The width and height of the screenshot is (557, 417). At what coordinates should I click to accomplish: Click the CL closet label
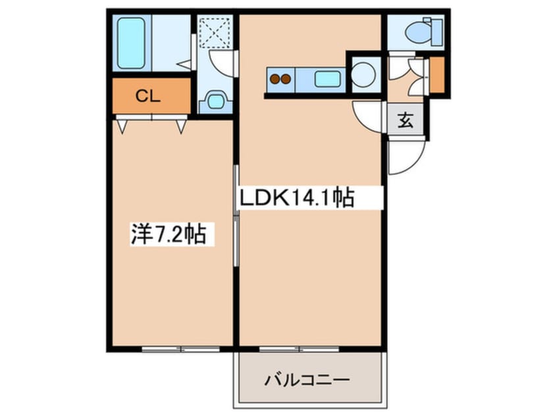[147, 96]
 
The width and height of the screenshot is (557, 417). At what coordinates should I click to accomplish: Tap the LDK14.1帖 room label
[297, 198]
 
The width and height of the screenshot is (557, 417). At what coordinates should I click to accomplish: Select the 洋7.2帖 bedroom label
[169, 234]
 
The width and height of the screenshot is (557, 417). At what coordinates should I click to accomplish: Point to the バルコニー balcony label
[307, 381]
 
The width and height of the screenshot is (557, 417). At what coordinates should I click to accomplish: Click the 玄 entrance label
[406, 120]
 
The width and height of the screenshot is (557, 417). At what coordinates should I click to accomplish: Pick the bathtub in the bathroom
[131, 43]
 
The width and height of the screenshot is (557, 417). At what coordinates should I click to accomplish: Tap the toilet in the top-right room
[424, 32]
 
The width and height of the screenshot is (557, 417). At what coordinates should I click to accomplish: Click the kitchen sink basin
[327, 79]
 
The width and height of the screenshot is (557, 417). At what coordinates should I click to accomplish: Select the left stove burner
[275, 79]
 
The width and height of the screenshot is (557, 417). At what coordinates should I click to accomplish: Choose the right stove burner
[286, 79]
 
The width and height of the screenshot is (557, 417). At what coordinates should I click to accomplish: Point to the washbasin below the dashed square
[215, 101]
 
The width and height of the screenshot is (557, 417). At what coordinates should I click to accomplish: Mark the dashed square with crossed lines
[215, 32]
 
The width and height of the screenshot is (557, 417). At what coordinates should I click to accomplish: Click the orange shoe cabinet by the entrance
[437, 74]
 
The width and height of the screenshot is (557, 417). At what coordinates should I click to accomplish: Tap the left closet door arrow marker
[122, 127]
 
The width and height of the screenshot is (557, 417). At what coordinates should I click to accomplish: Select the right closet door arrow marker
[181, 127]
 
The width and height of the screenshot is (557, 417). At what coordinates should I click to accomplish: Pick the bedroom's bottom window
[181, 349]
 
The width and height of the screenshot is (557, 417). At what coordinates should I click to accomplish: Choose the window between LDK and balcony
[300, 349]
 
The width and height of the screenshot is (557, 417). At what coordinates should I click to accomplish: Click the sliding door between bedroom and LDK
[236, 216]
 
